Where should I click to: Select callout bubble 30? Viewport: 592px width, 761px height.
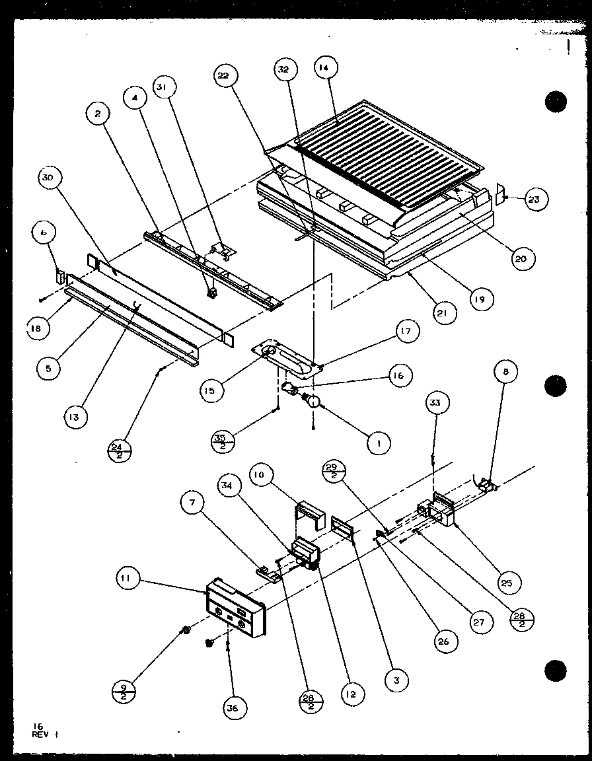(51, 178)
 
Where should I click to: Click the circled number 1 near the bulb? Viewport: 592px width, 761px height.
(379, 443)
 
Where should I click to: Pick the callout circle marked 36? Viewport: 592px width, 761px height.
(237, 709)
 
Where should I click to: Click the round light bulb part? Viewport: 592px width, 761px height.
(313, 400)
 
